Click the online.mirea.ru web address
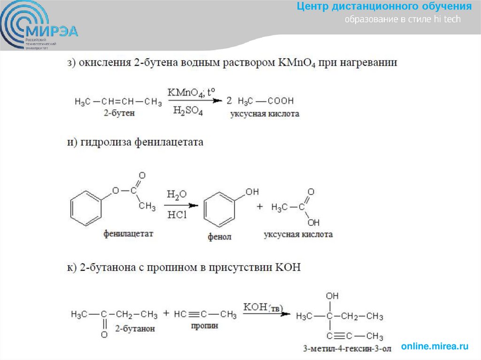tap(434, 346)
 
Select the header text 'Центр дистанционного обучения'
tap(384, 7)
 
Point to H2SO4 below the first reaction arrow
tap(187, 111)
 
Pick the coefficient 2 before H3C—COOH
tap(229, 101)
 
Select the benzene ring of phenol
tap(219, 209)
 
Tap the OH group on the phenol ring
tap(252, 191)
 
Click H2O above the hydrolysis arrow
tap(176, 194)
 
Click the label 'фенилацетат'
tap(128, 233)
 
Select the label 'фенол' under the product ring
tap(219, 237)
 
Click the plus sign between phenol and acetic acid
tap(260, 207)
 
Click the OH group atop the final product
tap(332, 296)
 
